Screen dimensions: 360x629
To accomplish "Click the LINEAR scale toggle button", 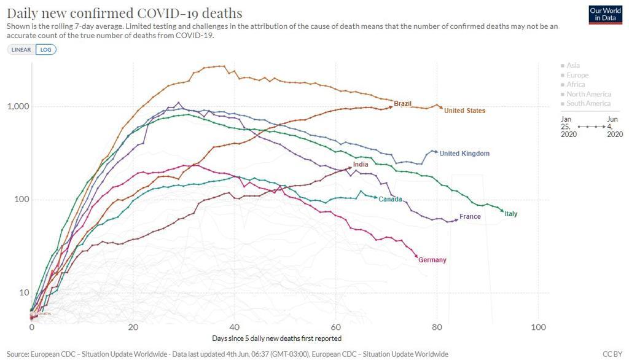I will [x=21, y=50].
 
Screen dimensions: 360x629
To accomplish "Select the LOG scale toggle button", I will [x=45, y=50].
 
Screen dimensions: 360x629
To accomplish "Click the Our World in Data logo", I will [x=605, y=15].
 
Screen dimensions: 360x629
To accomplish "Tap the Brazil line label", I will [x=403, y=103].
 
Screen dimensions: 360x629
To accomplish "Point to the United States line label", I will [x=464, y=111].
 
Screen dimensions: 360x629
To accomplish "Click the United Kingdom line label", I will [x=464, y=154].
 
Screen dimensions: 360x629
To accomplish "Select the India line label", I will [x=361, y=164].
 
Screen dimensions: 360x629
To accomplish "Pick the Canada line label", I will [x=390, y=199].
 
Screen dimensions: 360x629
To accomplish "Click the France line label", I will [x=470, y=217].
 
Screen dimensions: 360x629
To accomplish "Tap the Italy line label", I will [x=511, y=214].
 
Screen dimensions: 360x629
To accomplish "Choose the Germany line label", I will [x=432, y=260].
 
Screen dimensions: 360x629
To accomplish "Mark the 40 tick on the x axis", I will [x=235, y=327].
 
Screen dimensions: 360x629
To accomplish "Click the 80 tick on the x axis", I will [x=437, y=327].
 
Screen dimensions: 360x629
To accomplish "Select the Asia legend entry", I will [x=572, y=65].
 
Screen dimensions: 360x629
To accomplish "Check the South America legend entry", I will [x=588, y=103].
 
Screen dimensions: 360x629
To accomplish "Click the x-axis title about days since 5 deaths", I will [x=276, y=338].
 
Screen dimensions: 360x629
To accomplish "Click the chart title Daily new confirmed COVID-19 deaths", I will [x=124, y=13].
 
